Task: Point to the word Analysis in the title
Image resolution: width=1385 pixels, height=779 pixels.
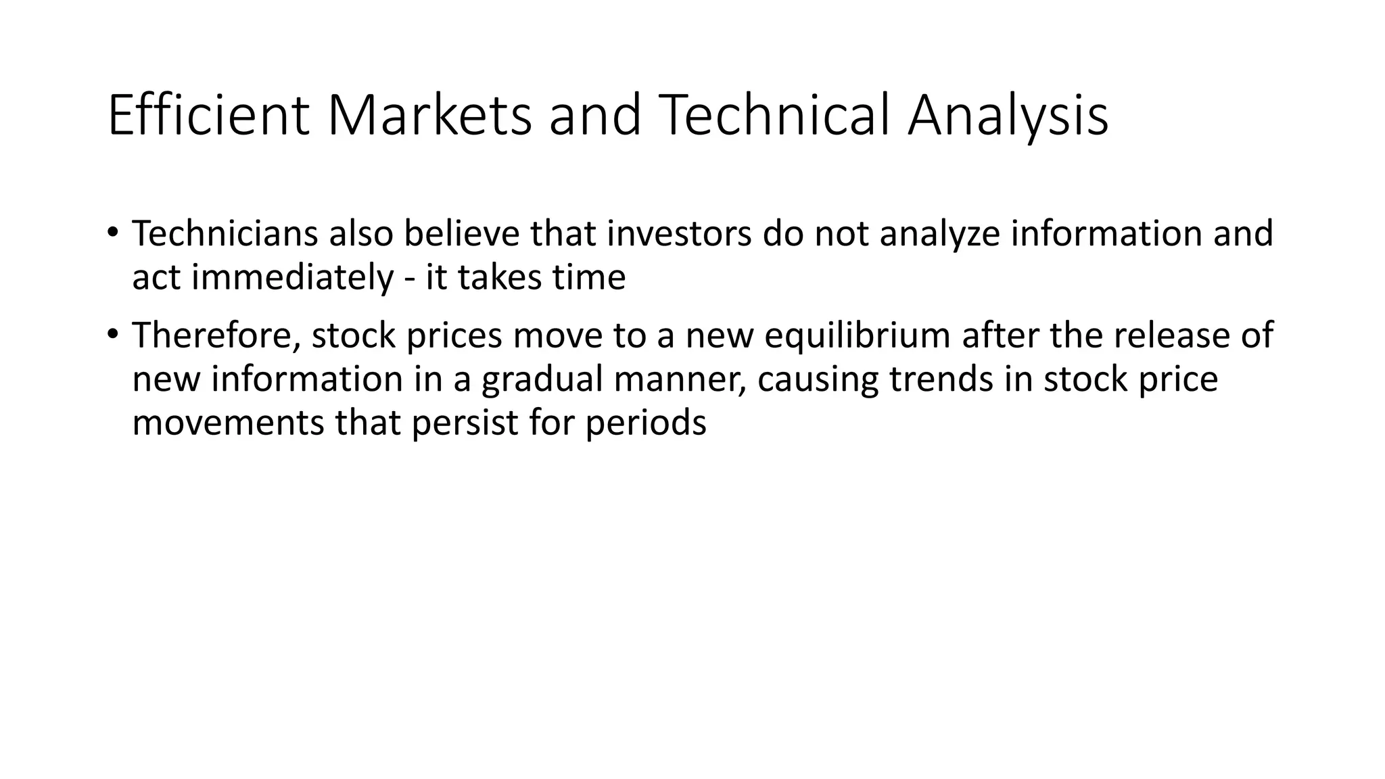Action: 1007,116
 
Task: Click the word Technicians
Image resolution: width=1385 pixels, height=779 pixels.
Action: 225,233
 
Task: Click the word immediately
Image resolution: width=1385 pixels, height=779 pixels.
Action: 292,277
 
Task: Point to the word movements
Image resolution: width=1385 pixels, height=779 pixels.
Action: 228,423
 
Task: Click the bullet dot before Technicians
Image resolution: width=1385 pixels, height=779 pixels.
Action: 112,232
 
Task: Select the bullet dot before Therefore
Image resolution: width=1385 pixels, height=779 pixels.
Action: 112,334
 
